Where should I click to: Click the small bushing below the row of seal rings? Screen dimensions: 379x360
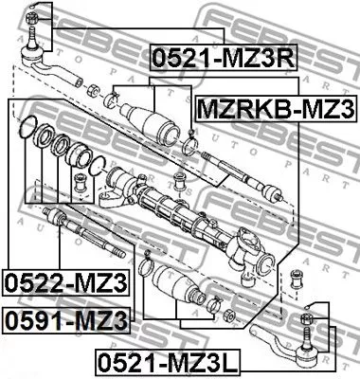click(x=81, y=179)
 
